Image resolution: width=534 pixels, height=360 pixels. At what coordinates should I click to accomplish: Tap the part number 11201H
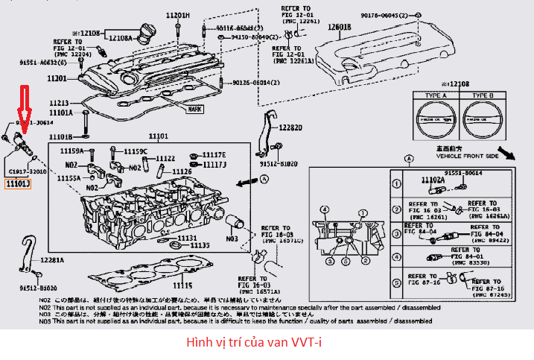pos(177,15)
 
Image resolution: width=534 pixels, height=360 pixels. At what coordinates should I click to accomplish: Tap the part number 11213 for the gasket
pos(59,103)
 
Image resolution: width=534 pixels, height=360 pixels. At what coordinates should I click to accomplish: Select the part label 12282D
pos(291,127)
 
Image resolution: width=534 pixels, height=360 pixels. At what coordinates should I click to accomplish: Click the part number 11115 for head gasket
pos(183,285)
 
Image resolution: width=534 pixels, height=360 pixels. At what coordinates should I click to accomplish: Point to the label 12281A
pos(52,260)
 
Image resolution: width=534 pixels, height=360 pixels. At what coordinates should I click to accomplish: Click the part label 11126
pos(182,171)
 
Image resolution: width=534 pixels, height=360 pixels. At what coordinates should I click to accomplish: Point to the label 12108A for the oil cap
pos(120,38)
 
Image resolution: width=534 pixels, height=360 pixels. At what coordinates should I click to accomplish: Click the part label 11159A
pos(74,151)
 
